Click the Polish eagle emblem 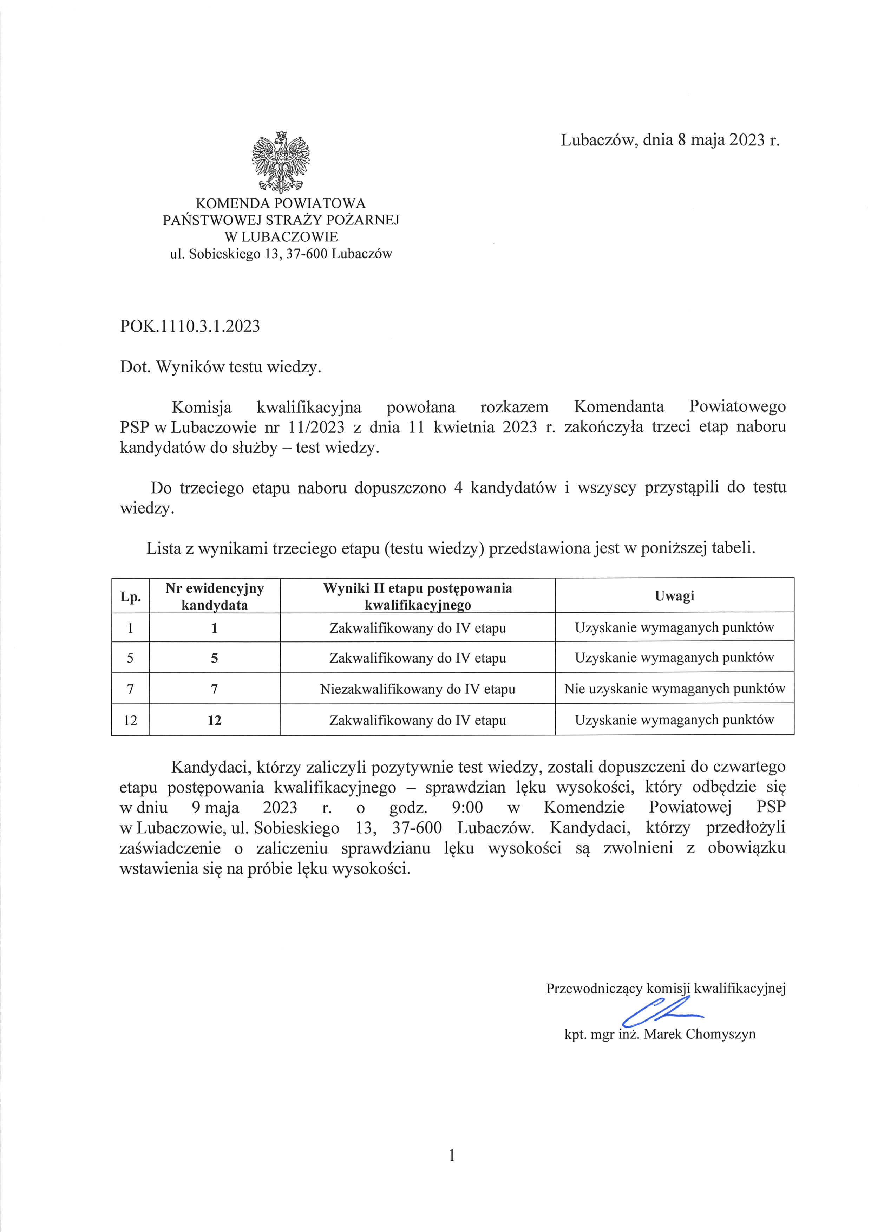point(281,162)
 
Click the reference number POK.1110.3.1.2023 point(190,326)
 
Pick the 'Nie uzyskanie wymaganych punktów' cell point(674,689)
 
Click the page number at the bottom point(452,1156)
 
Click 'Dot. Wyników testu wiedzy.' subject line point(221,367)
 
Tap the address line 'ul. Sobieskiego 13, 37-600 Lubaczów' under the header point(281,254)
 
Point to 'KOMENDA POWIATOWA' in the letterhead point(281,203)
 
